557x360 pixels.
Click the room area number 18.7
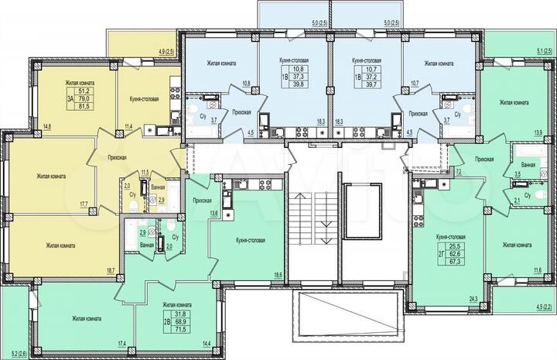tap(111, 269)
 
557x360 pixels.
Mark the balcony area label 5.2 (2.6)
tap(15, 353)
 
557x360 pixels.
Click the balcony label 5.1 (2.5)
tap(543, 53)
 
